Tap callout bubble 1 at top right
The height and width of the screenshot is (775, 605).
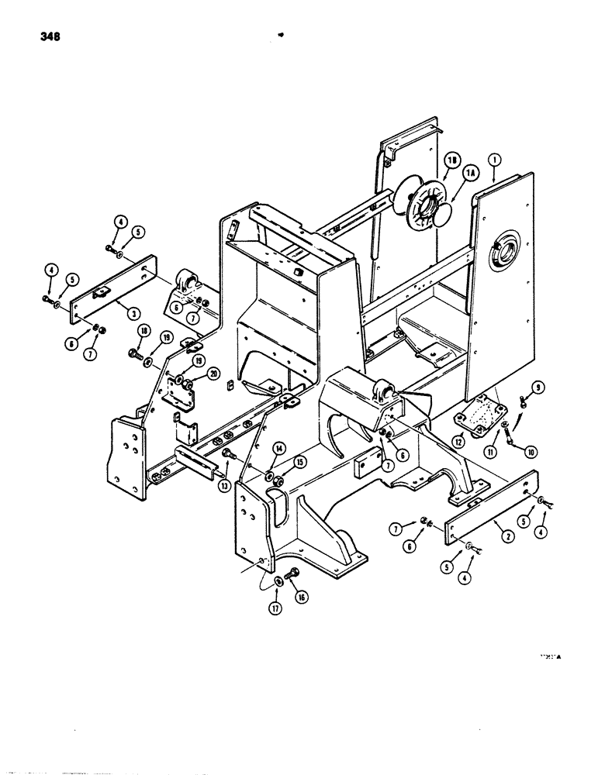494,164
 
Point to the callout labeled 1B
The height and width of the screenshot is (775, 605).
450,162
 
